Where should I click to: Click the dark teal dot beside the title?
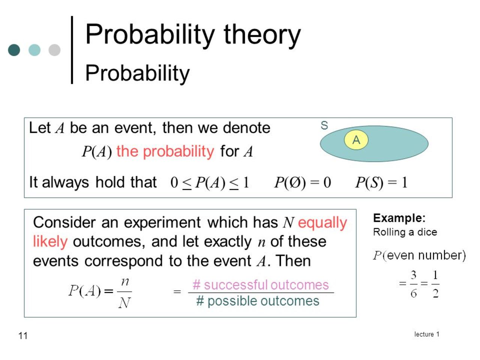point(14,50)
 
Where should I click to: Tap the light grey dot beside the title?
point(54,50)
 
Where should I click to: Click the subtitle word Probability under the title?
point(137,73)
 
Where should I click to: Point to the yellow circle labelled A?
point(356,139)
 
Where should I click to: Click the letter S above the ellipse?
point(324,125)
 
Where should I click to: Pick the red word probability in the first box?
point(178,152)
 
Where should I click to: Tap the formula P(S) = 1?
point(381,182)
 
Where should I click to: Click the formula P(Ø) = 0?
point(303,182)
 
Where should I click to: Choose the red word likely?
point(50,242)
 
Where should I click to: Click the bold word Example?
point(399,218)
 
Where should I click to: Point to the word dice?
point(427,232)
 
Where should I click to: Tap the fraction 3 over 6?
point(414,284)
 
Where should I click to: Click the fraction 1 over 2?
point(435,284)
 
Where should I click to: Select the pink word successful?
point(236,285)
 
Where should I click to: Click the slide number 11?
point(23,336)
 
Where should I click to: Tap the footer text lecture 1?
point(427,334)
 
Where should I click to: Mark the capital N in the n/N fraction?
point(124,303)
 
